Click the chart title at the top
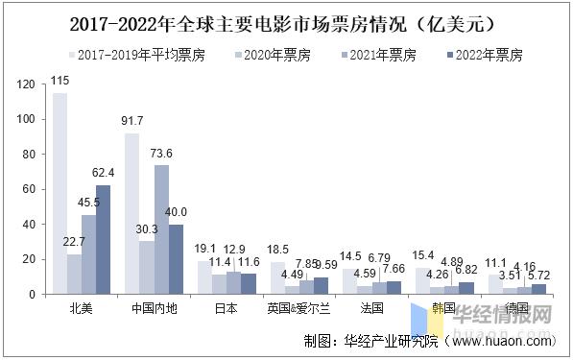point(287,20)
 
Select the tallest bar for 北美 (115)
point(60,193)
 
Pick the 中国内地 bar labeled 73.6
point(161,229)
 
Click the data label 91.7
point(132,121)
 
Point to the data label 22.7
point(74,241)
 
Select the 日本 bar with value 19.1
point(204,276)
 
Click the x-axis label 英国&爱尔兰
point(299,308)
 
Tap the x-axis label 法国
point(372,308)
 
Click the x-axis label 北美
point(82,308)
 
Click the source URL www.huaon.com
point(501,340)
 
